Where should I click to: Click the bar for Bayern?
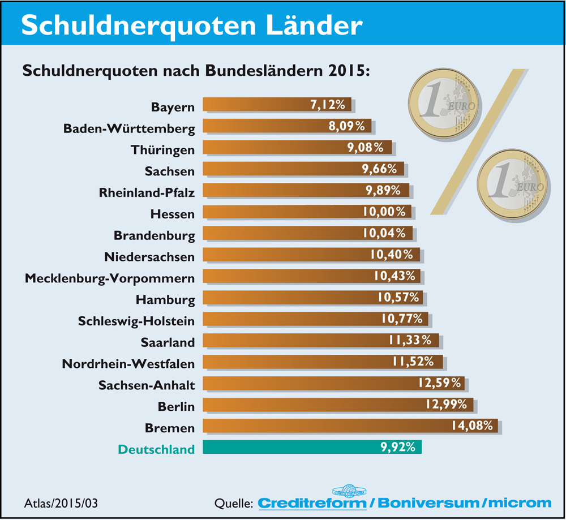click(x=276, y=105)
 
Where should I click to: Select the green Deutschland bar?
click(x=311, y=448)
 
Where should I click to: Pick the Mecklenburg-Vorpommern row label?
click(x=110, y=278)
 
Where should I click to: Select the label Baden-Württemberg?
click(x=129, y=128)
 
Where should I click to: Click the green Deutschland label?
click(x=156, y=449)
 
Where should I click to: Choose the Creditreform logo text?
click(x=312, y=502)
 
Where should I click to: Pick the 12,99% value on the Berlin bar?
click(x=448, y=405)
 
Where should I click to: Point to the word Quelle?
click(x=233, y=502)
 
